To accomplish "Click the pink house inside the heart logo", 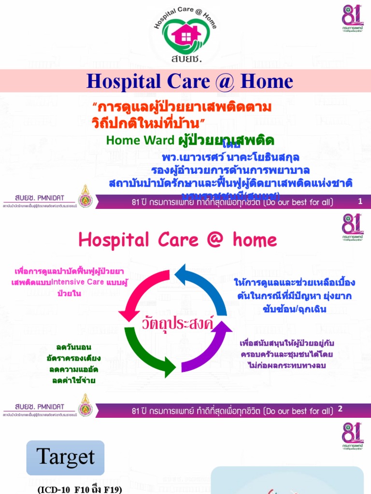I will [185, 35].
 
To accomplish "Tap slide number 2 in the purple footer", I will [340, 409].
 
